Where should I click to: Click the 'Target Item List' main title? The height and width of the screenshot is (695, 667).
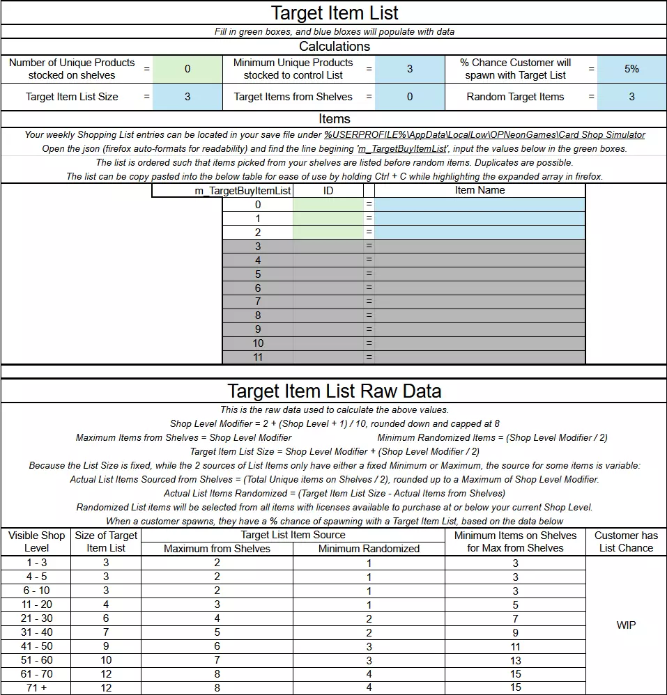[x=334, y=13]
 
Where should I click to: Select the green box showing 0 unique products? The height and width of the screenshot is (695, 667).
[x=187, y=69]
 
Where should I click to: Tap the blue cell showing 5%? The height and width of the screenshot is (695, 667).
[x=631, y=69]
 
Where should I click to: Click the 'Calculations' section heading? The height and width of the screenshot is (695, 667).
[x=334, y=47]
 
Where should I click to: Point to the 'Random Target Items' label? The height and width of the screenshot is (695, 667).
[x=515, y=97]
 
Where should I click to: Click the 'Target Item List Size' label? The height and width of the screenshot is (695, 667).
[x=72, y=97]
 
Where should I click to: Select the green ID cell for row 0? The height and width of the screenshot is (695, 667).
[x=328, y=204]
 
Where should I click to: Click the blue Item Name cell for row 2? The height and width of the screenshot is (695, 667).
[x=480, y=232]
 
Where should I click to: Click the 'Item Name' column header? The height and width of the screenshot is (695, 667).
[x=480, y=190]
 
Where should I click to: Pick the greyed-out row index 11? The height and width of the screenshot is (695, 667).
[x=258, y=357]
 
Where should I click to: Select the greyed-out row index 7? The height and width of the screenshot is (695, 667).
[x=258, y=302]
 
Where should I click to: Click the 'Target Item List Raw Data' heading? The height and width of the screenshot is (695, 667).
[x=334, y=391]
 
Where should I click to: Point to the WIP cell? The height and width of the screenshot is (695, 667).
[x=626, y=625]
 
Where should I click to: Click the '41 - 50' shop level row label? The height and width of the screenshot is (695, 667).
[x=36, y=646]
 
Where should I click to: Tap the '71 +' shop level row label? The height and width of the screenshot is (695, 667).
[x=36, y=688]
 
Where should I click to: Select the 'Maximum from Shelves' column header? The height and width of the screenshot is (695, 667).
[x=217, y=549]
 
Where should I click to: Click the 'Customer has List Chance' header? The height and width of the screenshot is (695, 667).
[x=626, y=542]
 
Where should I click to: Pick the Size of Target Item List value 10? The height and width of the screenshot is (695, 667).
[x=106, y=660]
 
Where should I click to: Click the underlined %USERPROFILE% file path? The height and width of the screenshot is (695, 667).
[x=484, y=135]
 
